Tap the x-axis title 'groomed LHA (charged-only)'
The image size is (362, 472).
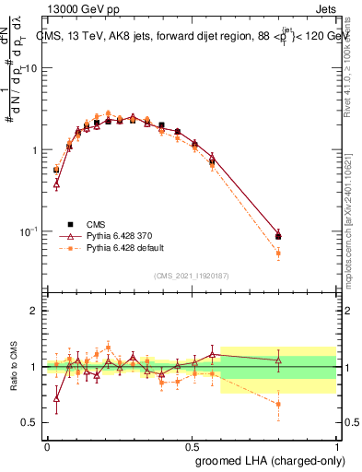(x=274, y=461)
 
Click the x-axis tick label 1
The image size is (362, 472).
(x=334, y=446)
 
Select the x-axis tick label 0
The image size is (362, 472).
(x=47, y=446)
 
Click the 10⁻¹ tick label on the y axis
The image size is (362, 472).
(x=29, y=230)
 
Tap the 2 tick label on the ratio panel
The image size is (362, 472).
(x=34, y=311)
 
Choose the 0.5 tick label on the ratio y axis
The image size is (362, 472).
(x=30, y=423)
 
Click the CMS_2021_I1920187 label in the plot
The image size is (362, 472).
(x=192, y=275)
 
